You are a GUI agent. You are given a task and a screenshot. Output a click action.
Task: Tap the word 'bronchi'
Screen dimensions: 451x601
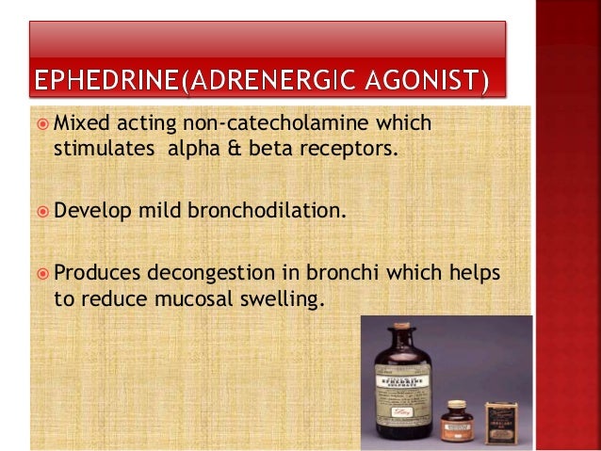[x=364, y=273]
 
